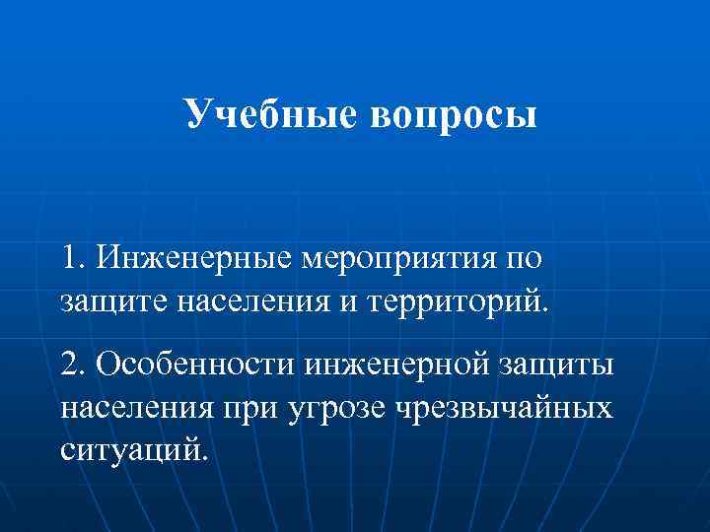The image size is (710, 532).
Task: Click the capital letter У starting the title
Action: point(196,114)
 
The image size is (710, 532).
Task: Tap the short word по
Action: point(523,260)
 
